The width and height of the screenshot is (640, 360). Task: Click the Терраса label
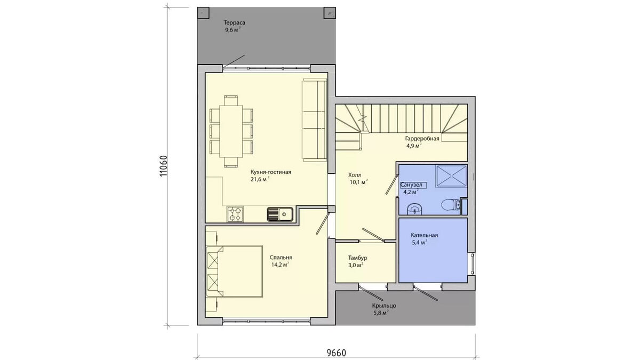coord(234,22)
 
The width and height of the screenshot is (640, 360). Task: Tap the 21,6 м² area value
coord(260,179)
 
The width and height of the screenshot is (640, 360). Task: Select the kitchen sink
coord(280,214)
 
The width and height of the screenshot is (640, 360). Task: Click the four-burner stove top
coord(235,214)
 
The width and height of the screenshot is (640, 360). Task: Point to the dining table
coord(231,131)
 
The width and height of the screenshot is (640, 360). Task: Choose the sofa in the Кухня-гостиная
coord(314,119)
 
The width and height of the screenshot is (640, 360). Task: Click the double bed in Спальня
coord(234,271)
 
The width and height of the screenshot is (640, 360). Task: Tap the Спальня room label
coord(281,258)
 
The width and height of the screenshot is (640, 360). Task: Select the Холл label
coord(355,174)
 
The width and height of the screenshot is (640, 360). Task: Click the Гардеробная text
coord(422,139)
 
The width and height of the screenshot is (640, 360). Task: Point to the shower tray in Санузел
coord(451,176)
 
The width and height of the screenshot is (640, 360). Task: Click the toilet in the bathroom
coord(451,205)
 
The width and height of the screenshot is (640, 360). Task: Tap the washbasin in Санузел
coord(414,209)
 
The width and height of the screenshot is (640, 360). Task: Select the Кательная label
coord(425,235)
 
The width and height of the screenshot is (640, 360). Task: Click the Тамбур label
coord(358,258)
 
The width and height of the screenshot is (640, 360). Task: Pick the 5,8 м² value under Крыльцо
coord(381,313)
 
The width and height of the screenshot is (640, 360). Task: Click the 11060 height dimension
coord(163,166)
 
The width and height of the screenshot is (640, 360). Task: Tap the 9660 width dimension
coord(337,353)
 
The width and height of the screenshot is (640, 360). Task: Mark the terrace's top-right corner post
coord(330,13)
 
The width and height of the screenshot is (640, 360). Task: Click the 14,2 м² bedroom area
coord(281,265)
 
